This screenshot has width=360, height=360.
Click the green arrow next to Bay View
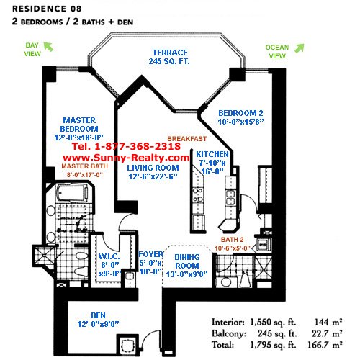tap(48, 47)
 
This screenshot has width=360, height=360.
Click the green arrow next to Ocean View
tap(300, 48)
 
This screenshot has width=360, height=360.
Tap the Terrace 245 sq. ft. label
tap(169, 57)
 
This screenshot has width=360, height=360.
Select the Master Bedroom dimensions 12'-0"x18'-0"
tap(78, 138)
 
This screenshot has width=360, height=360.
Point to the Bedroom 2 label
tap(240, 113)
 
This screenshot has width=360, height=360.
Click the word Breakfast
tap(187, 139)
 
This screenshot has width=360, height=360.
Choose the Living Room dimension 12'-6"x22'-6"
tap(153, 176)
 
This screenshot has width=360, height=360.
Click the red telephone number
tap(126, 146)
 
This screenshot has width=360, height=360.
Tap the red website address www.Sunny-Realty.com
tap(126, 158)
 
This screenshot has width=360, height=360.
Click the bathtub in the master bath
tap(72, 193)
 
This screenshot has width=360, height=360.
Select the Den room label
tap(98, 315)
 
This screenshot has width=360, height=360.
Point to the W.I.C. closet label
tap(109, 256)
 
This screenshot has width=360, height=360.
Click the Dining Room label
tap(187, 261)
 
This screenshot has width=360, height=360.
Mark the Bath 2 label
tap(233, 240)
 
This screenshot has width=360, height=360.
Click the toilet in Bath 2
tap(245, 279)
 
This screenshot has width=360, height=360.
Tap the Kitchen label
tap(212, 154)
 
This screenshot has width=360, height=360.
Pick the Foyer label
tap(150, 254)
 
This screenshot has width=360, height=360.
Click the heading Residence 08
tap(47, 9)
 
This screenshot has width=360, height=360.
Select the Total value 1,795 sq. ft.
tap(274, 345)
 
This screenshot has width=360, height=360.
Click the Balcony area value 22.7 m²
tap(327, 333)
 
